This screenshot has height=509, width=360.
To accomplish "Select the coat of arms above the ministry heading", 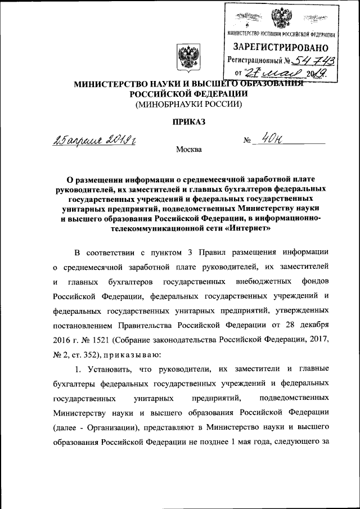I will [x=186, y=58].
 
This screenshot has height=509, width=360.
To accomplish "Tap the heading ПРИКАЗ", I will [x=186, y=121].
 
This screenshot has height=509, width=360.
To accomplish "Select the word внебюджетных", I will [x=266, y=281].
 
